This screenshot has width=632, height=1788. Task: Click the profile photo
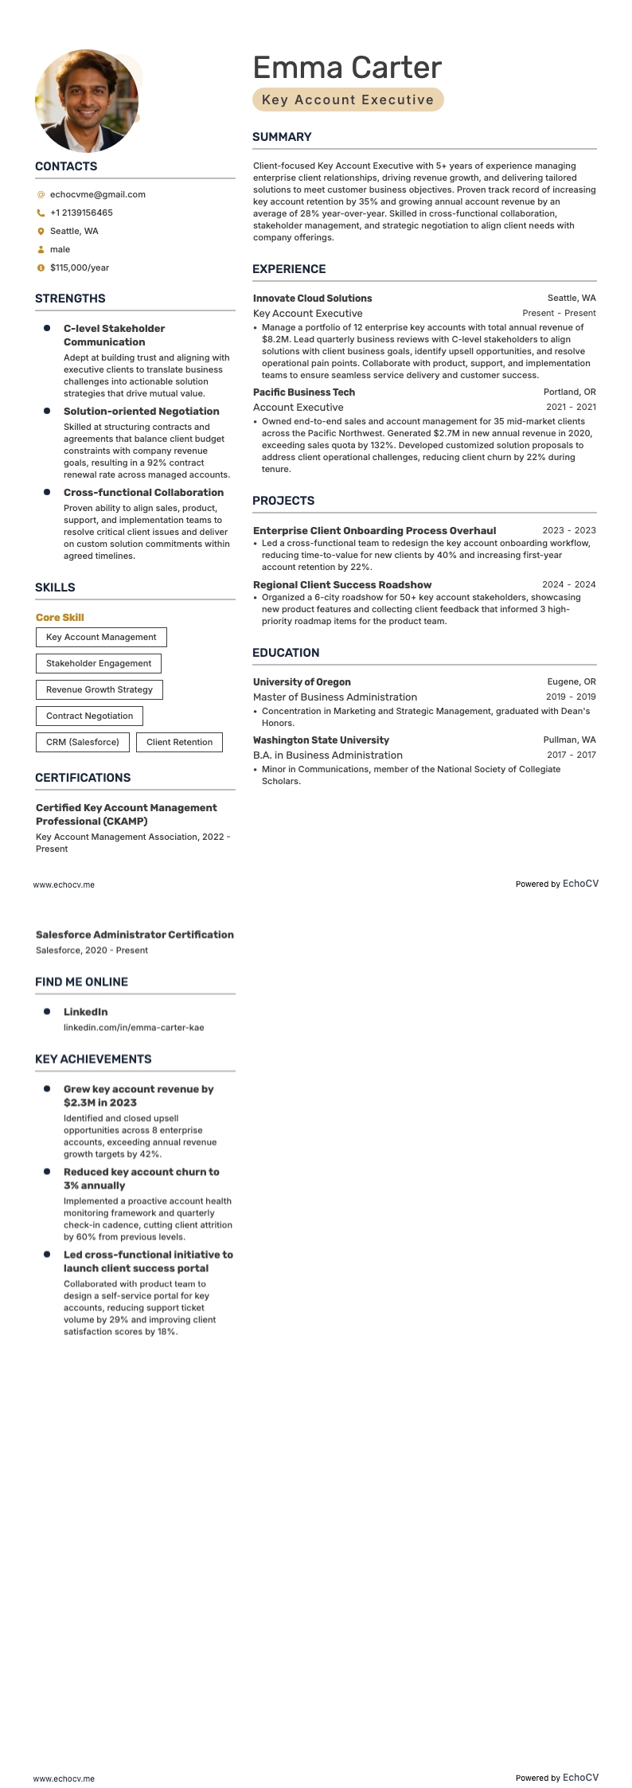[87, 101]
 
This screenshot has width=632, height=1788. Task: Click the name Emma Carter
[347, 68]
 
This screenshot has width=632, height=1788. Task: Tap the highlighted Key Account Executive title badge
[348, 100]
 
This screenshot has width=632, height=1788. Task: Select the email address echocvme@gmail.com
[97, 194]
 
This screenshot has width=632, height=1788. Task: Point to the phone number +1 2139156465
[81, 213]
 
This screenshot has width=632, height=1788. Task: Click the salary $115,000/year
[80, 267]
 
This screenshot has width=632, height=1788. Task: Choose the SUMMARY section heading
[282, 137]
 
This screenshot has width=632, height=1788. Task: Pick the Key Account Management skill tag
[101, 637]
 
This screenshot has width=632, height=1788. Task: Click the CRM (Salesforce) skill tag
[83, 742]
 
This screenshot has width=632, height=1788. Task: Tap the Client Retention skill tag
[179, 742]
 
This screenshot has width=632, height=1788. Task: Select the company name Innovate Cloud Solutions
[312, 299]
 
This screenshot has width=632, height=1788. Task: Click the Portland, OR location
[569, 392]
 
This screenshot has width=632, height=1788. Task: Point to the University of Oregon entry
[302, 682]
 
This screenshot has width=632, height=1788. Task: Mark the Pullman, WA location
[569, 740]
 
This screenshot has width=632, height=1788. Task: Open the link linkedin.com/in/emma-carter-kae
[134, 1028]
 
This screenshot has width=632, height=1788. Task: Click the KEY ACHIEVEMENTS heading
[93, 1059]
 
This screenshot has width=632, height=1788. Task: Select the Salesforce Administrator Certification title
[135, 935]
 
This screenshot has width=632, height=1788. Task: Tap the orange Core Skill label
[60, 618]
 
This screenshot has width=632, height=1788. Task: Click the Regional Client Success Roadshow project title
[342, 585]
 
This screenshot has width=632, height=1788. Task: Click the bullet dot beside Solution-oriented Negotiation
[47, 411]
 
